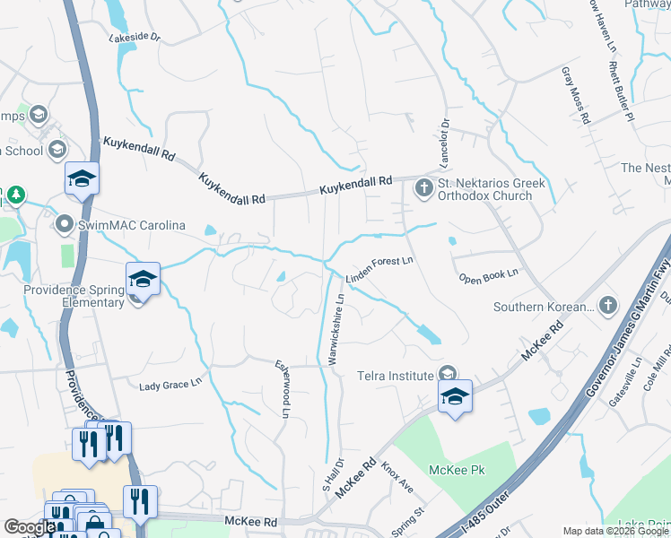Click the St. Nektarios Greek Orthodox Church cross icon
[423, 189]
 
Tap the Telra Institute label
[396, 375]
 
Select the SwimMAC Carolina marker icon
[64, 223]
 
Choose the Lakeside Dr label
[134, 38]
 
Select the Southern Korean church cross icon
[606, 307]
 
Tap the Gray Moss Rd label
[576, 93]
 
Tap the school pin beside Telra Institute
[456, 396]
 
